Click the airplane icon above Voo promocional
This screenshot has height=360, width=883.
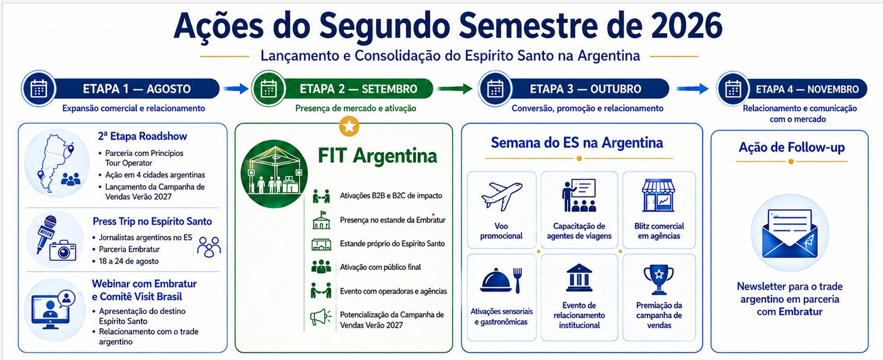click(x=501, y=196)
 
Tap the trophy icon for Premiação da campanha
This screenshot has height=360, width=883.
click(x=659, y=280)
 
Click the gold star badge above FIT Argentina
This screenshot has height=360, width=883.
click(x=349, y=126)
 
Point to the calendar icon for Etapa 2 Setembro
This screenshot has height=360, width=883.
click(x=269, y=89)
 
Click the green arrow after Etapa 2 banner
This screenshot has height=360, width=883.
click(x=454, y=89)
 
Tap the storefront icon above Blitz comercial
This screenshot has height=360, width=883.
click(x=659, y=196)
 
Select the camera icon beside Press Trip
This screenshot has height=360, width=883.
click(x=63, y=251)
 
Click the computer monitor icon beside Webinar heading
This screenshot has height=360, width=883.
click(x=51, y=312)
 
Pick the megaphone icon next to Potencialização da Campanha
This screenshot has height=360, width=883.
click(x=321, y=317)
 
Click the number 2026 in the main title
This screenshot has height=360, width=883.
click(x=687, y=26)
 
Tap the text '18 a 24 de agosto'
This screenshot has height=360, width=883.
click(x=129, y=261)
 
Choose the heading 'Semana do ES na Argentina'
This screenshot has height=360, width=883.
click(x=577, y=143)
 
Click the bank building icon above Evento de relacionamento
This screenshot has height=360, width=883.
click(x=579, y=278)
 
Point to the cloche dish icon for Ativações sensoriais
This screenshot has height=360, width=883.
click(x=496, y=280)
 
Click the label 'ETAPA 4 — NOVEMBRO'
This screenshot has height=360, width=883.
click(x=807, y=89)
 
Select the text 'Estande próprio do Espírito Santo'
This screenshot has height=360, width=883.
click(x=392, y=243)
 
